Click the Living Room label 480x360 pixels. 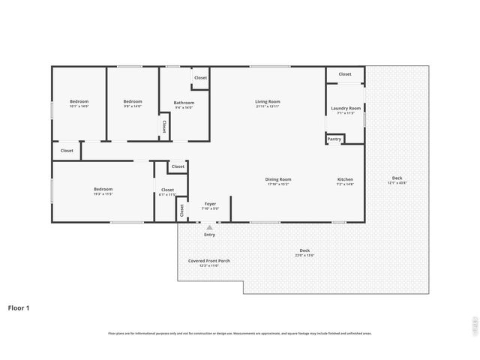click(x=268, y=101)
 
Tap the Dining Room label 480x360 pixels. click(x=278, y=179)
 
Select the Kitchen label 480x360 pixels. click(x=345, y=179)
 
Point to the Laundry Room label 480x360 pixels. click(x=345, y=108)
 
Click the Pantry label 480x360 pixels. click(x=334, y=139)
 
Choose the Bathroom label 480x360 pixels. click(x=184, y=103)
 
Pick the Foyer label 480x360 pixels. click(x=211, y=203)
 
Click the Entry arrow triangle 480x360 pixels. click(x=209, y=227)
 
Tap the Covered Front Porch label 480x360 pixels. click(x=209, y=260)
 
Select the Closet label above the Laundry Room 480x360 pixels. click(x=345, y=74)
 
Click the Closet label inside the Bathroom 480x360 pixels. click(x=201, y=78)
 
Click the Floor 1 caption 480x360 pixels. click(x=19, y=307)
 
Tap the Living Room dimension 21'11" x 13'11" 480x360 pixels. click(x=268, y=106)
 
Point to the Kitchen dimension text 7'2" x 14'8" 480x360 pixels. click(x=345, y=184)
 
